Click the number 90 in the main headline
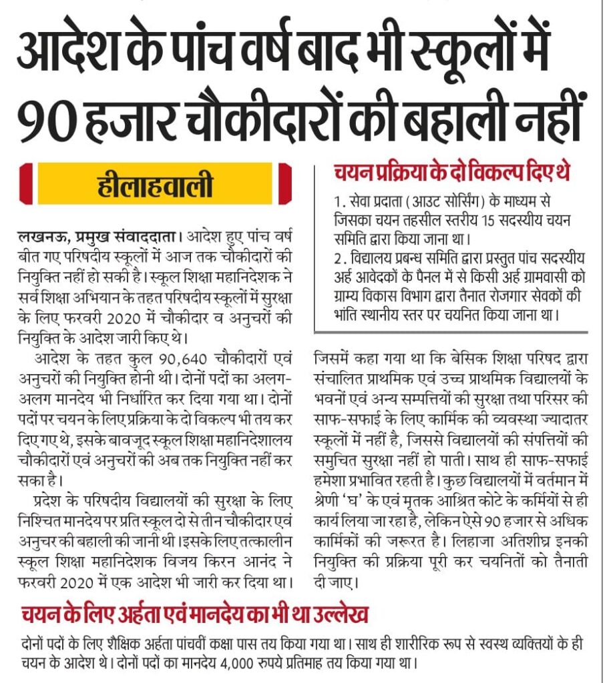click(x=47, y=113)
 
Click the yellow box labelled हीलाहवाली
click(x=154, y=184)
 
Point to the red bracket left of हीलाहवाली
click(x=26, y=184)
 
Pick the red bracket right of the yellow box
click(x=285, y=184)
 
